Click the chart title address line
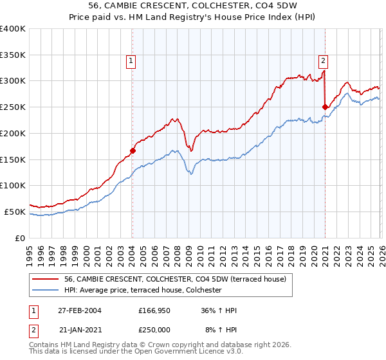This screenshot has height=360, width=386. (x=193, y=8)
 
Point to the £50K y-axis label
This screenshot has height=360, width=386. (x=15, y=212)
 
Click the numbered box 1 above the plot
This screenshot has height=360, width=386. (x=131, y=61)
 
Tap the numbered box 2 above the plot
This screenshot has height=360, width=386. (x=323, y=61)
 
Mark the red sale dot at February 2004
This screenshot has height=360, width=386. (x=133, y=151)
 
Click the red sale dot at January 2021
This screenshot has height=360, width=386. (x=325, y=107)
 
